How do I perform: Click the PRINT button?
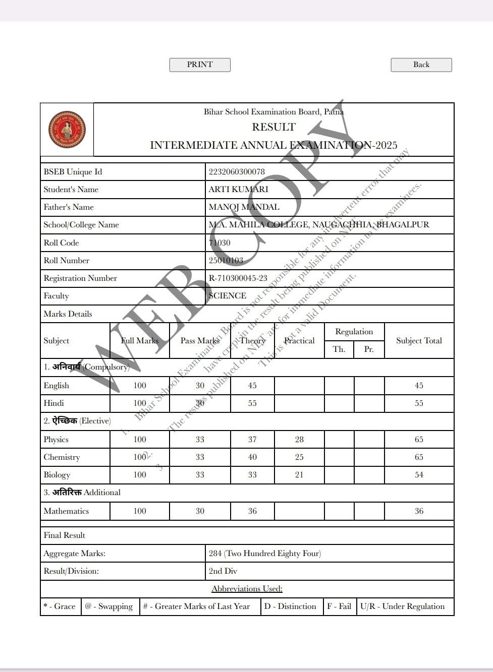pos(200,65)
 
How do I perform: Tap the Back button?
pos(421,65)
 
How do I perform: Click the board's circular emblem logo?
pos(67,130)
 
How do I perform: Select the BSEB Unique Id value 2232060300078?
pos(237,171)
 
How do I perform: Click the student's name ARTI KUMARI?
pos(238,189)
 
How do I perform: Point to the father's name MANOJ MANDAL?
pos(244,207)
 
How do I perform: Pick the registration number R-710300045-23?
pos(238,278)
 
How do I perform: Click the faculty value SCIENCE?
pos(228,295)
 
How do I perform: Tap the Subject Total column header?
pos(419,340)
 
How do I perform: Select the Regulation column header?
pos(354,331)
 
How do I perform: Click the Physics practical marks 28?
pos(299,439)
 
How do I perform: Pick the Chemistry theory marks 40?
pos(252,457)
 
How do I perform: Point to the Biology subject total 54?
pos(419,474)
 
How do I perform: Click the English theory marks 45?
pos(252,385)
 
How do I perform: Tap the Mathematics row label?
pos(66,511)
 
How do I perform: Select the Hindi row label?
pos(54,403)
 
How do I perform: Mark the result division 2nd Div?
pos(223,571)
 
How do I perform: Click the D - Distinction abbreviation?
pos(290,606)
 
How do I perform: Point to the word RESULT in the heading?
pos(273,127)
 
